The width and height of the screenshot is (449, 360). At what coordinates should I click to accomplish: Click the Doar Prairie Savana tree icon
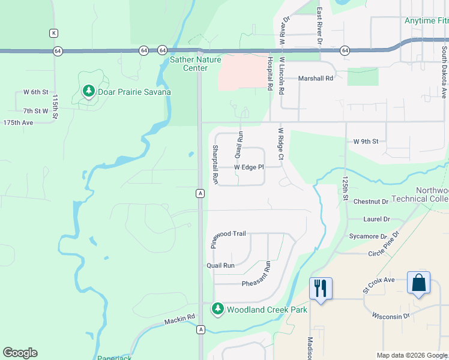[x=89, y=91]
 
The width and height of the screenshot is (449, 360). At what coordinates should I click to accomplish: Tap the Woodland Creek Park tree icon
[x=217, y=310]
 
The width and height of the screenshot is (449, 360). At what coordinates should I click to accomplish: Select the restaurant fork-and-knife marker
[x=320, y=288]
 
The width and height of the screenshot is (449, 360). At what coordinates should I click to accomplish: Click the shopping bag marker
[x=418, y=283]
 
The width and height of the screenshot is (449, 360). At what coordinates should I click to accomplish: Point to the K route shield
[x=54, y=32]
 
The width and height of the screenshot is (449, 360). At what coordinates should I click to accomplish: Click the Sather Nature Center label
[x=195, y=64]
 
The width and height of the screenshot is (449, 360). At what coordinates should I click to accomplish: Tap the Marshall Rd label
[x=316, y=79]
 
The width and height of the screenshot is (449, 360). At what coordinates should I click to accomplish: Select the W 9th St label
[x=366, y=142]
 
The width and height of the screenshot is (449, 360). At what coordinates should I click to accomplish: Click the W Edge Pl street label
[x=249, y=167]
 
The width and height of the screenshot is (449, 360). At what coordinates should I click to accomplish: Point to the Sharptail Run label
[x=214, y=164]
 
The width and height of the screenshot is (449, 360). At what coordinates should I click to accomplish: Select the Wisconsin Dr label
[x=391, y=316]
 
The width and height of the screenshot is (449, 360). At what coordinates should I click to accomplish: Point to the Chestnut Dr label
[x=372, y=201]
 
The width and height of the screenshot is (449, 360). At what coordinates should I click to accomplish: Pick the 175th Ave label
[x=18, y=122]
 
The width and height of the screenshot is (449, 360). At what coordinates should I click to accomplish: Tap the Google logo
[x=20, y=353]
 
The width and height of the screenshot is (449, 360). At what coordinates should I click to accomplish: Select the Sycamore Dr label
[x=369, y=236]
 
